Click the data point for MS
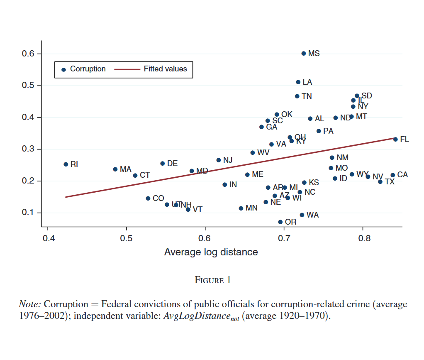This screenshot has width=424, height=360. [x=303, y=54]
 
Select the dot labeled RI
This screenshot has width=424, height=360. [x=66, y=164]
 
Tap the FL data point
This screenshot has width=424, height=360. [x=395, y=140]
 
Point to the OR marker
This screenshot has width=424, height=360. [x=280, y=222]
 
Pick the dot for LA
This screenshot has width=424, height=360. [x=298, y=82]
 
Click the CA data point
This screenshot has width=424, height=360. [x=392, y=175]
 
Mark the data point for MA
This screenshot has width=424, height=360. [x=115, y=169]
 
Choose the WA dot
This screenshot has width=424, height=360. [x=302, y=215]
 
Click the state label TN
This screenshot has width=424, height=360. [x=307, y=96]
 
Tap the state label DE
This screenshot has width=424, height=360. [x=172, y=164]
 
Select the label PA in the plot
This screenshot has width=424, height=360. [x=328, y=131]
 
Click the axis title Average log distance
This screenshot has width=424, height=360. [x=211, y=252]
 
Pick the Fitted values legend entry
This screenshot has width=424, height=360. [x=165, y=69]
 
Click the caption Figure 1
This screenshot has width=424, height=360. [x=212, y=280]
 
